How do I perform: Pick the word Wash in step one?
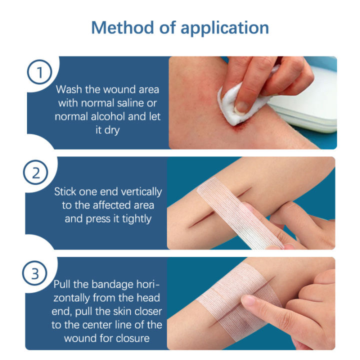[68, 90]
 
